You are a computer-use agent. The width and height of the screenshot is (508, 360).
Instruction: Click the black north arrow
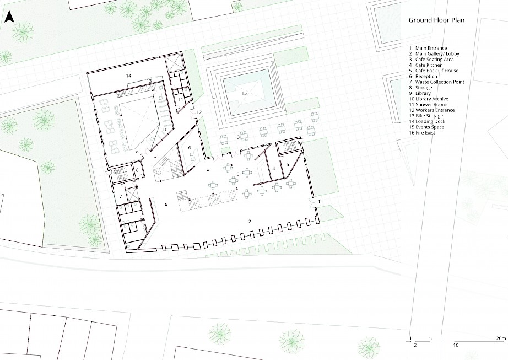[x=9, y=17]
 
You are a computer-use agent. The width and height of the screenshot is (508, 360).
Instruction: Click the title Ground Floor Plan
[x=436, y=20]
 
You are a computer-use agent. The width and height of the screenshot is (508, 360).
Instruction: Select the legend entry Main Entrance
[x=431, y=48]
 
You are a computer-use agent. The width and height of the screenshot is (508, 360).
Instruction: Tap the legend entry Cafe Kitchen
[x=429, y=65]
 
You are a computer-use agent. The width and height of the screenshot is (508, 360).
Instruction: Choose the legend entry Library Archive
[x=431, y=99]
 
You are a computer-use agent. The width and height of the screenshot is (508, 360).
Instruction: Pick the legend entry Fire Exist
[x=425, y=133]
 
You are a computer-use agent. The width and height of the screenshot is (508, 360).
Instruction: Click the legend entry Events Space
[x=430, y=127]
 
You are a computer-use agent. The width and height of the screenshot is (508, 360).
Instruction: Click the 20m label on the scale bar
[x=500, y=338]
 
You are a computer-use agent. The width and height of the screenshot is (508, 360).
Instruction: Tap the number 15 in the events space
[x=244, y=93]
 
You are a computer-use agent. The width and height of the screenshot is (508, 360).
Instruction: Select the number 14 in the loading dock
[x=128, y=76]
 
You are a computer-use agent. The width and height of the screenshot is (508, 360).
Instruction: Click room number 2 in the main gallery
[x=250, y=222]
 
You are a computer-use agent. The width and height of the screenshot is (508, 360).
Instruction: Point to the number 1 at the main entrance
[x=319, y=202]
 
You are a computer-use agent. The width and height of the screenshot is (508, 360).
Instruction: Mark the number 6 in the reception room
[x=190, y=148]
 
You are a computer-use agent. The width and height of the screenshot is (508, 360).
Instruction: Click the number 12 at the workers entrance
[x=199, y=112]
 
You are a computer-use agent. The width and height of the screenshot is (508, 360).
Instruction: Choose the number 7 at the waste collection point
[x=121, y=196]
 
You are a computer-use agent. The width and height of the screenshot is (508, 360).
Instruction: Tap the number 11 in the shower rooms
[x=181, y=99]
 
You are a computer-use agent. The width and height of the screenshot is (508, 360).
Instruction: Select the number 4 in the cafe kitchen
[x=274, y=169]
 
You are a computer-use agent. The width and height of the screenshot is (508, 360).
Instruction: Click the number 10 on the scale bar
[x=456, y=346]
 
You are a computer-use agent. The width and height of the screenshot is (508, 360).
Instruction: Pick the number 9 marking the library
[x=137, y=153]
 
